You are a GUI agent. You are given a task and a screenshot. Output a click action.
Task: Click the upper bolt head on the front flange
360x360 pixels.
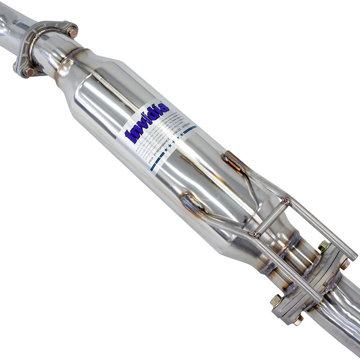click(72, 32)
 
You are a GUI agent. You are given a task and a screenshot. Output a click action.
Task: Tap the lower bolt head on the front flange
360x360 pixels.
click(28, 72)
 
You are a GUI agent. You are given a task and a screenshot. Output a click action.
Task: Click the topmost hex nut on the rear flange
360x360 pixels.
click(324, 246)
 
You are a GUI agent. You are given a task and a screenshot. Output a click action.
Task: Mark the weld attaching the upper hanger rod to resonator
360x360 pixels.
click(232, 162)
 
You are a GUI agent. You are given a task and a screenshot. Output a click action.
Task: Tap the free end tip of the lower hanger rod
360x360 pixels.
click(319, 298)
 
